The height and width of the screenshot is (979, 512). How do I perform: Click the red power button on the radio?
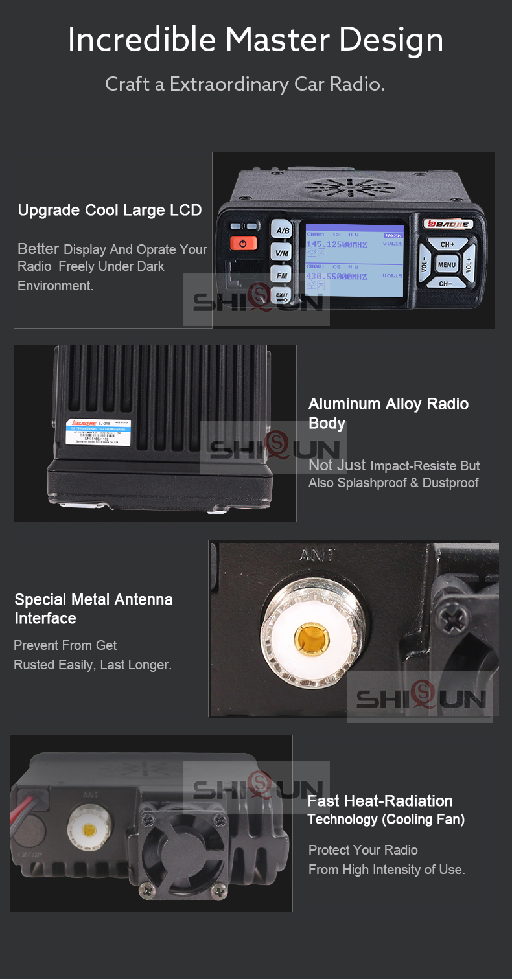coord(243,244)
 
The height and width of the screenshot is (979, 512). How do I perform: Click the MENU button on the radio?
coord(447,264)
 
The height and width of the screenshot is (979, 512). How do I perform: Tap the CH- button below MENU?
coord(446,284)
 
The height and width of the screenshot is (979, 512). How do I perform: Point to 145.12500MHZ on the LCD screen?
coord(336,244)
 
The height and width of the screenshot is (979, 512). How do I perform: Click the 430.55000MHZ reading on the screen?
coord(336,276)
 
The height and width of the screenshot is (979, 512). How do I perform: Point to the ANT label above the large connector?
coord(317,555)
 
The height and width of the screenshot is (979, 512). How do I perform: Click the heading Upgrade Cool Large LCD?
coord(110,211)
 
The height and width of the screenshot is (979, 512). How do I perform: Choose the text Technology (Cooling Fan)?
coord(386,820)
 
